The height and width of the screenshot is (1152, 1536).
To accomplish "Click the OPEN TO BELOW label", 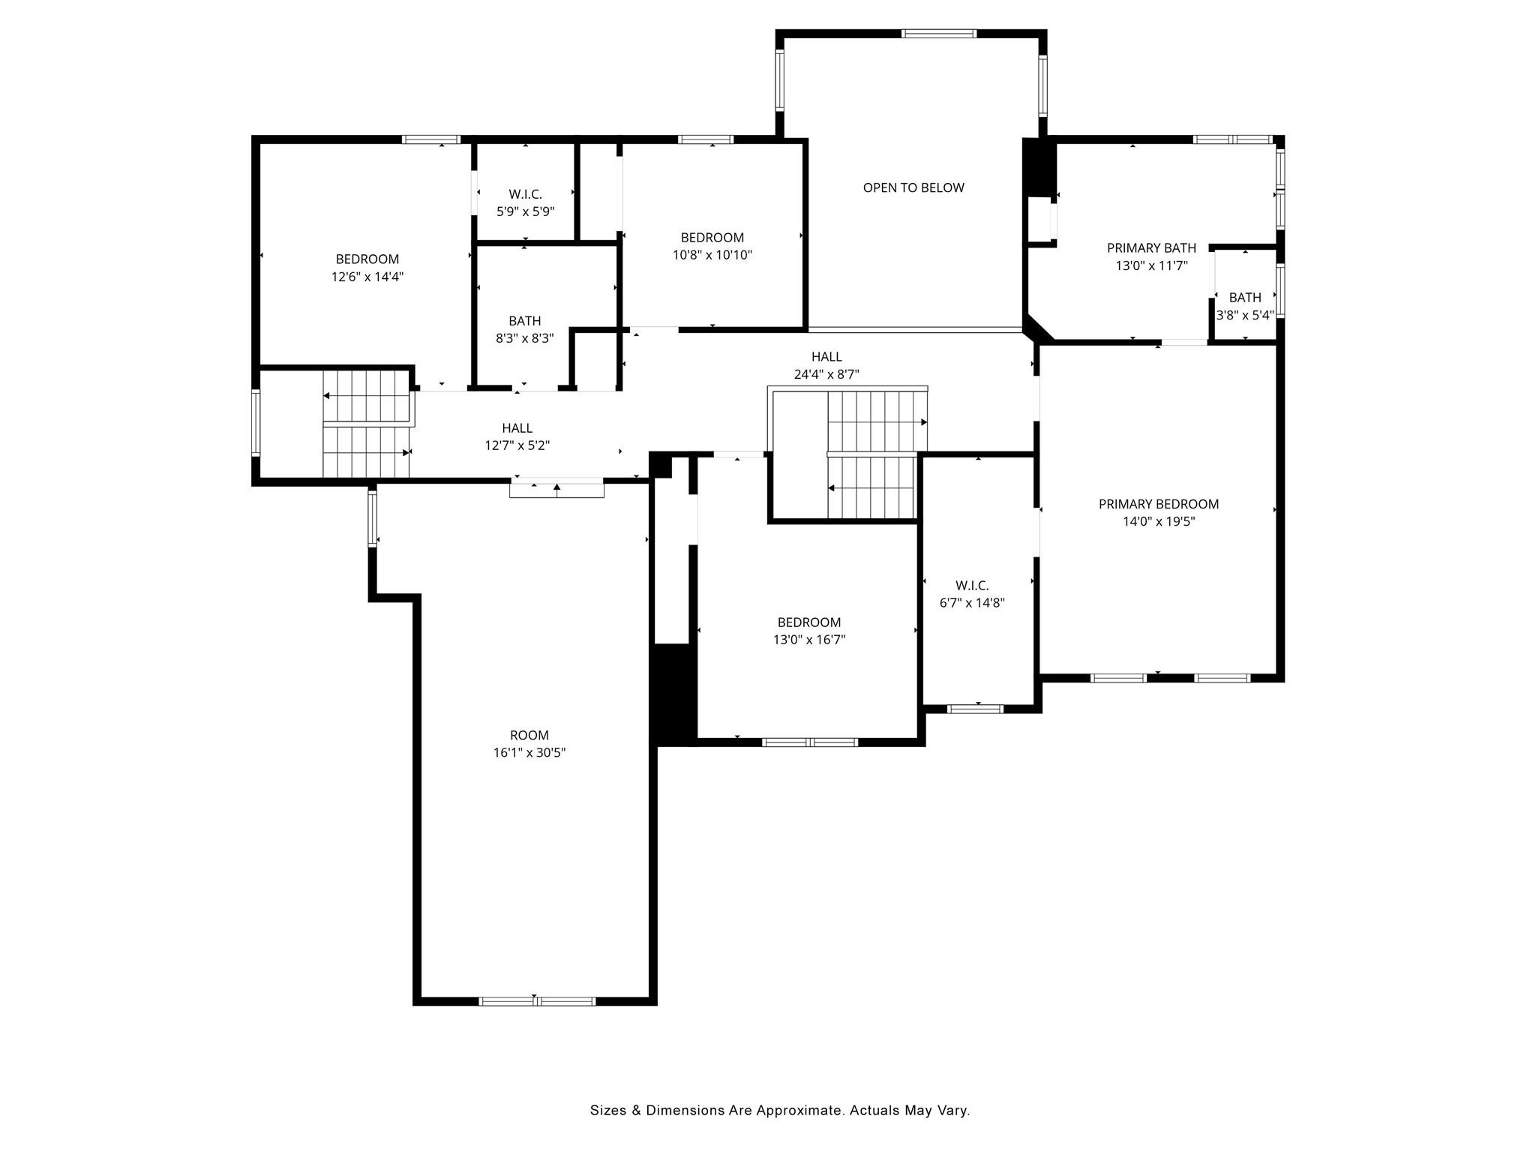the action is (913, 187).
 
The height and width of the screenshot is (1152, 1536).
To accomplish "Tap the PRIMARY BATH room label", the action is (1151, 248).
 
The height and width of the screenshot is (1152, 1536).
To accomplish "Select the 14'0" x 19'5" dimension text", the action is (1159, 521).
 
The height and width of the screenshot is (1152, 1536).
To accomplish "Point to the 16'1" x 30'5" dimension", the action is (529, 752).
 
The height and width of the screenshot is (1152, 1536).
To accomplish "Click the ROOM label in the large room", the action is (529, 735).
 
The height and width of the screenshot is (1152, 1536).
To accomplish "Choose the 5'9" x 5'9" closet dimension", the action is (526, 211).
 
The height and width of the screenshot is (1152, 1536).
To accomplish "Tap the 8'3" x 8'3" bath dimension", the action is (525, 338).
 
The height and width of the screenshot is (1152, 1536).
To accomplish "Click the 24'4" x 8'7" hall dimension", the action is (826, 374).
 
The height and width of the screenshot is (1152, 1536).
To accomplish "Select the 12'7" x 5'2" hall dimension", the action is (517, 445).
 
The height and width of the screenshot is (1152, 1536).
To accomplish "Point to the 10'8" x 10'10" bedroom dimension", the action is (712, 255).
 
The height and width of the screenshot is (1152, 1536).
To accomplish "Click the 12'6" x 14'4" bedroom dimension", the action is (367, 277).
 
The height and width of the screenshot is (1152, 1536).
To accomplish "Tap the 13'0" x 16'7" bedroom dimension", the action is (809, 640).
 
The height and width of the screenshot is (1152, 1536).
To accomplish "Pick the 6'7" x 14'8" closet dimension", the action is (972, 602).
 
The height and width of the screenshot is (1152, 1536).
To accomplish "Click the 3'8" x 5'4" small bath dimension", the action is (1245, 315).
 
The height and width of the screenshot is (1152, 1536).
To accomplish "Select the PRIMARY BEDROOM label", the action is (1159, 504).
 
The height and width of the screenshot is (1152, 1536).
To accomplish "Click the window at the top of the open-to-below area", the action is (939, 34).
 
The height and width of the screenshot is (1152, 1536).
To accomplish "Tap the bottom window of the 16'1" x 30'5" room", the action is (537, 1001).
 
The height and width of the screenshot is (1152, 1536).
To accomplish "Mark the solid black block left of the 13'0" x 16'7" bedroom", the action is (673, 694).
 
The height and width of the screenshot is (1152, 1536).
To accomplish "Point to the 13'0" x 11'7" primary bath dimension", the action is (1151, 265).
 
